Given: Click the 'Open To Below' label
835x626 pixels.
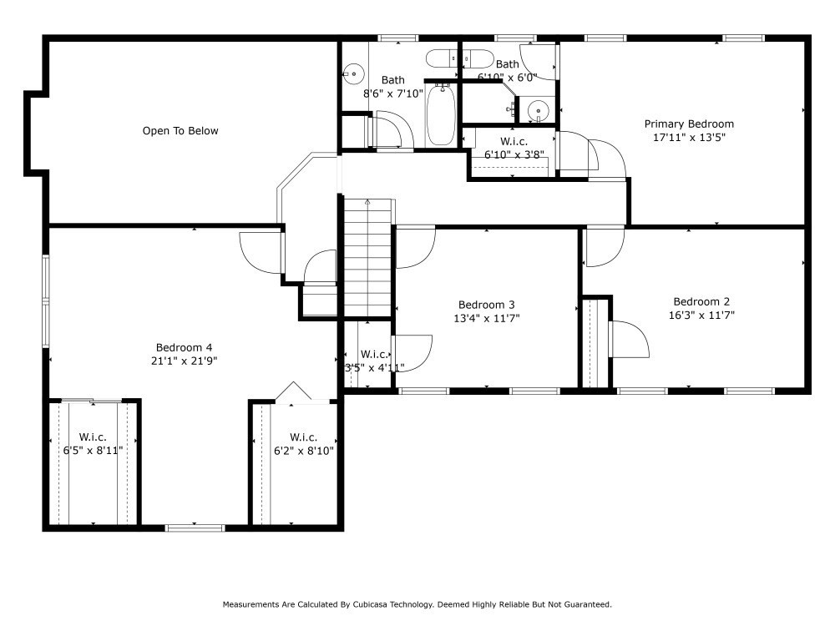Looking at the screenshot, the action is tap(180, 131).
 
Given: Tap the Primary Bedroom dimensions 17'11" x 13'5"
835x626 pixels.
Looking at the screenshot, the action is tap(689, 138).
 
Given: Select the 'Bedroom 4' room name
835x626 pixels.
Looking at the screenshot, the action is tap(184, 347).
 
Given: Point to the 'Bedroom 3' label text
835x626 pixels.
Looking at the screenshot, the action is tap(486, 305).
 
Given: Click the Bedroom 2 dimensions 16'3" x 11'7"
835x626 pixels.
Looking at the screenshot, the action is tap(701, 316).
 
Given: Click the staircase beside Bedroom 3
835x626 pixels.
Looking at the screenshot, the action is tap(368, 258).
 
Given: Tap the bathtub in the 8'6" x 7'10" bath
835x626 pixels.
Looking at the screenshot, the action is tap(440, 114).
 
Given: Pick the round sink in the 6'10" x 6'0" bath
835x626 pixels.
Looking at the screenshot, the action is tap(538, 111).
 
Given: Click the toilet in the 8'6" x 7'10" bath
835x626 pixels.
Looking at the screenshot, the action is tap(442, 58).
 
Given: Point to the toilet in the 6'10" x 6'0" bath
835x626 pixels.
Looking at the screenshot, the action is tap(478, 58).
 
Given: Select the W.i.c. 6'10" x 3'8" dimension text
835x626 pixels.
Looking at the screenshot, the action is tap(514, 155).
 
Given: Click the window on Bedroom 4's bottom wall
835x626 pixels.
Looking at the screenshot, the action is tap(195, 528).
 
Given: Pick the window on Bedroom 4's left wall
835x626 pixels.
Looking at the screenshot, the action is tap(46, 301).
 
